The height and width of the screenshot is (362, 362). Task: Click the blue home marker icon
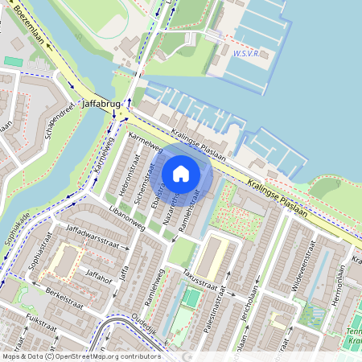coord(181,173)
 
